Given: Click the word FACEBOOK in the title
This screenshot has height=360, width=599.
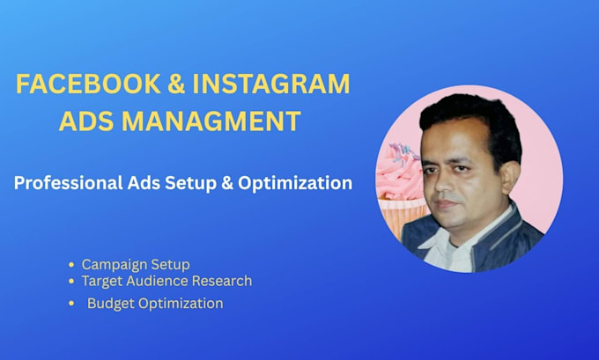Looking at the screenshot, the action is (x=88, y=84).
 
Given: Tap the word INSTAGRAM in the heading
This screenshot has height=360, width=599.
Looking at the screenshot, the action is (x=270, y=84).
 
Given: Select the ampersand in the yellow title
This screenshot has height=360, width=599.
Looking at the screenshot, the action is (x=176, y=84).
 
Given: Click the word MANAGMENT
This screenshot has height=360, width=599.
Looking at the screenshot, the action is (x=211, y=121).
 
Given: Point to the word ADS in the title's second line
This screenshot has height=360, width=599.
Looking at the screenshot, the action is (x=86, y=121).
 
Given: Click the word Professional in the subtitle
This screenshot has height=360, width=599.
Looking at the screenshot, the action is (x=68, y=182).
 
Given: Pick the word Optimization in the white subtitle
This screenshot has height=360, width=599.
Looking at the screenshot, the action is (x=295, y=183).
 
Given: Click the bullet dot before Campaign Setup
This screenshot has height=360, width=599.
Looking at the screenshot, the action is (x=71, y=265).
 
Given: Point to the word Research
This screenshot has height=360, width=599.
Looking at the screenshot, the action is (x=222, y=281).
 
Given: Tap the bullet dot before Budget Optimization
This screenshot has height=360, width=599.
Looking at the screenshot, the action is (x=71, y=304).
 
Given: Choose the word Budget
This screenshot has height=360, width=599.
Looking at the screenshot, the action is (x=111, y=304).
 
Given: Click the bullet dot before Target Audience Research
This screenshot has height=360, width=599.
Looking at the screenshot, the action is (x=71, y=282).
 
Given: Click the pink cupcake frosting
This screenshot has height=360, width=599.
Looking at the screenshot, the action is (x=398, y=173).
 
